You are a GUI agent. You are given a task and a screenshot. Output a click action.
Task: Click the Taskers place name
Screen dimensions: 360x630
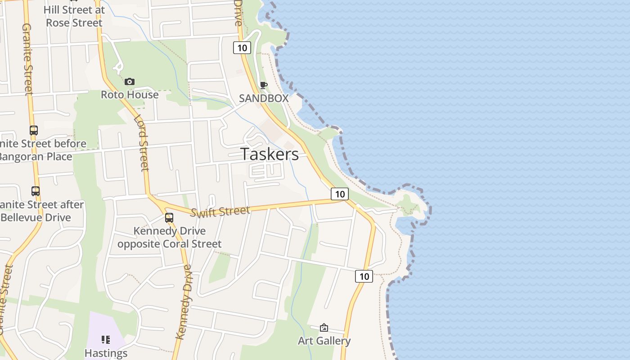(270, 154)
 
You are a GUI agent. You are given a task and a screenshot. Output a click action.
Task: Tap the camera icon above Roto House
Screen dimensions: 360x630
(130, 81)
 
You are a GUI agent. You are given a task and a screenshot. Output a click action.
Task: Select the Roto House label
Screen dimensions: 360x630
(130, 94)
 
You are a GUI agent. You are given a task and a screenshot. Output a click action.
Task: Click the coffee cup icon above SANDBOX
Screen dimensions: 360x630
(264, 85)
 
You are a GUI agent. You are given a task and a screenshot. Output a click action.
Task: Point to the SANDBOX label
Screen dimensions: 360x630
(264, 98)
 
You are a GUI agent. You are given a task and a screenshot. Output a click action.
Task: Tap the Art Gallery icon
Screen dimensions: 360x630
(324, 328)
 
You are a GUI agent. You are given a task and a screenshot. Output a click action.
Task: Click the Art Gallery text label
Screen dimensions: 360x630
(324, 341)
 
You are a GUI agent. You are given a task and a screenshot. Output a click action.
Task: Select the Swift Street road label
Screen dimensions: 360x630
(220, 211)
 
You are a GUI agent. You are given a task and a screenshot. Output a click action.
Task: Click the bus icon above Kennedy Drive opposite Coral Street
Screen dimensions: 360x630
(169, 218)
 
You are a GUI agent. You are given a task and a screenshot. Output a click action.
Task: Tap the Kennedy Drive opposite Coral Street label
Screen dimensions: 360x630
(170, 238)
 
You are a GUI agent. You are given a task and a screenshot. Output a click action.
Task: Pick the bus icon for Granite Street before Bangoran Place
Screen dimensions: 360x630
(34, 130)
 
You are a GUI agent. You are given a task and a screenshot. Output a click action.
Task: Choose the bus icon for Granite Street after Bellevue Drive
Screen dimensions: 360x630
(36, 191)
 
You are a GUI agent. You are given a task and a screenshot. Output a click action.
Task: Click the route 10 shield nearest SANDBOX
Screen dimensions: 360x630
(242, 48)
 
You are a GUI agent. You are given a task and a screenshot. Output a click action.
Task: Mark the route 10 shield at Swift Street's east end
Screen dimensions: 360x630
(340, 194)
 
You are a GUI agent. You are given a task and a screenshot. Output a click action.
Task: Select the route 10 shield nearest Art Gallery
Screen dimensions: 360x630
(364, 276)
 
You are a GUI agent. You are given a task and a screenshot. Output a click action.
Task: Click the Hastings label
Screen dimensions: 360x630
(106, 353)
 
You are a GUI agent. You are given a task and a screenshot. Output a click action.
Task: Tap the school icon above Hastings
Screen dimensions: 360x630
(106, 339)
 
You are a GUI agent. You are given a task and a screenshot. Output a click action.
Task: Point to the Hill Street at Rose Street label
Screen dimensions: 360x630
(74, 16)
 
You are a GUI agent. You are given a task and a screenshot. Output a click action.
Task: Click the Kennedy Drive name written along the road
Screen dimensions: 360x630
(185, 301)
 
